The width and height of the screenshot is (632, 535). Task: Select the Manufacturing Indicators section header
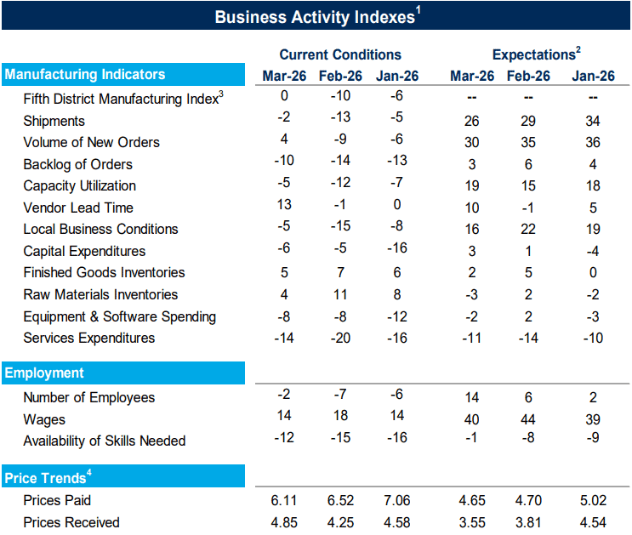(85, 75)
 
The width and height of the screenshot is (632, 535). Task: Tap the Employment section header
(44, 373)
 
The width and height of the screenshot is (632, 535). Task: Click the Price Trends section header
(47, 478)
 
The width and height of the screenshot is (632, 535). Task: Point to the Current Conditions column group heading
(340, 54)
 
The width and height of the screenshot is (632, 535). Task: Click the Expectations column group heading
(535, 54)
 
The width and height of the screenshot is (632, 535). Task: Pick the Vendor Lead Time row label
(78, 208)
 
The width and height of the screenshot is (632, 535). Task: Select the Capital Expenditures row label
(84, 251)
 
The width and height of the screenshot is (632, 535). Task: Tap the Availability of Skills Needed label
(104, 441)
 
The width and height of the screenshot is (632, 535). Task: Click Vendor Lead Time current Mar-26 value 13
(285, 204)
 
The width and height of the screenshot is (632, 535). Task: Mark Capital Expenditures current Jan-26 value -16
(397, 248)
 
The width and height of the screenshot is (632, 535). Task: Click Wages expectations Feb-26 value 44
(527, 419)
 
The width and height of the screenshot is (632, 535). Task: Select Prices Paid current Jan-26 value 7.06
(397, 500)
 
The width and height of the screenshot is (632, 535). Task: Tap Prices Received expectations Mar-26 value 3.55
(472, 522)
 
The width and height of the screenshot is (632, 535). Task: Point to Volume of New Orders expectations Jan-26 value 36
(593, 142)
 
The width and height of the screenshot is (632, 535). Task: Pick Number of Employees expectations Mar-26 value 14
(472, 397)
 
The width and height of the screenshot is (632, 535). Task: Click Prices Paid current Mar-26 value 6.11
(285, 500)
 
